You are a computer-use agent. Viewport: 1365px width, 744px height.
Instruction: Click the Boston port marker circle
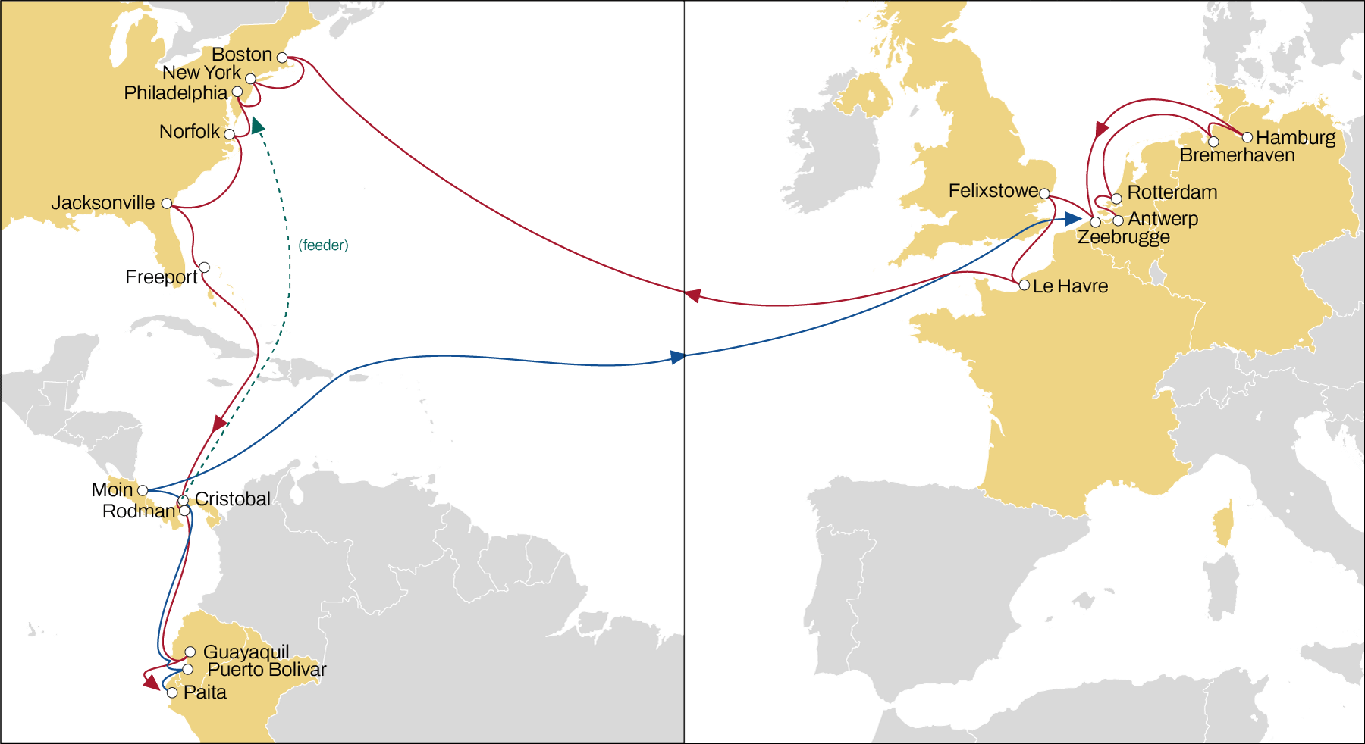(282, 58)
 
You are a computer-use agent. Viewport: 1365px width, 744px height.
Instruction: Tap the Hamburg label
(1295, 138)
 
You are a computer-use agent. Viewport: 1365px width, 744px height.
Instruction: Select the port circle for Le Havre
(1025, 286)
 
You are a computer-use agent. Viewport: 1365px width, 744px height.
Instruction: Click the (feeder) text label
(323, 245)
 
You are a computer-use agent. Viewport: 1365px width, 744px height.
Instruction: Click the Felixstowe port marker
(1044, 194)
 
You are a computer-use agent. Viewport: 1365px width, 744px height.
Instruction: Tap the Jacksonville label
(102, 203)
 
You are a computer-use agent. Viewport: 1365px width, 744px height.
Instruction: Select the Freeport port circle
(204, 267)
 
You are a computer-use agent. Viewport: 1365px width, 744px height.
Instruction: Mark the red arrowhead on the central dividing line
(692, 295)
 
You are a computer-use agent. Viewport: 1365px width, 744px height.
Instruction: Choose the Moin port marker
(143, 490)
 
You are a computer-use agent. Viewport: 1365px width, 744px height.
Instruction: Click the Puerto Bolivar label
(266, 670)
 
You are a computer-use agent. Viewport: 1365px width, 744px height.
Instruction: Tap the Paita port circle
(172, 692)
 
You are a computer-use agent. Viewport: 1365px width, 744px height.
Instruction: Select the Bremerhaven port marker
(1213, 142)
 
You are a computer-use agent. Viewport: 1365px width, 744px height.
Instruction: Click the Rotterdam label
(1172, 192)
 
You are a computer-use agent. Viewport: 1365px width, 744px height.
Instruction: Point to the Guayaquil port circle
(190, 652)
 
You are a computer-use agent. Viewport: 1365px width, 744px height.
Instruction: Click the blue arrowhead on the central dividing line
(678, 357)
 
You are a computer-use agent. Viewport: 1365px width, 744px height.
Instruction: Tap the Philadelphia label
(175, 93)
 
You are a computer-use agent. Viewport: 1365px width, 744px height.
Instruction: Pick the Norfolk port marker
(229, 134)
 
